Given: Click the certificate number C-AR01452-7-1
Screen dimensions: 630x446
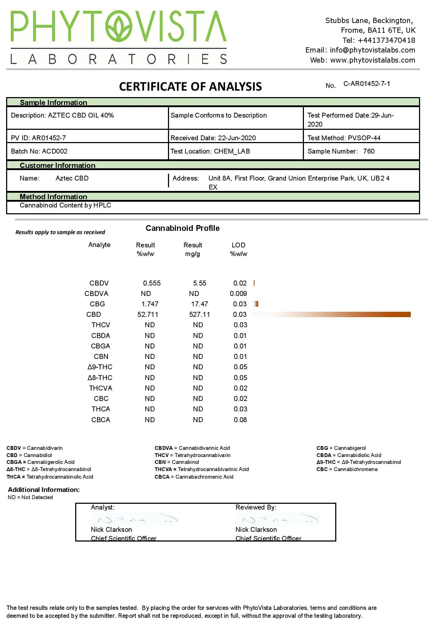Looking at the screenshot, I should click(x=367, y=84).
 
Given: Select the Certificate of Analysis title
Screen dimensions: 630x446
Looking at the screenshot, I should click(x=190, y=87).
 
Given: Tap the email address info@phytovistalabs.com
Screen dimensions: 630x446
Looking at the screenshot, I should click(x=372, y=50).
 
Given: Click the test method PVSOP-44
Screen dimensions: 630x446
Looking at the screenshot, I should click(x=364, y=138).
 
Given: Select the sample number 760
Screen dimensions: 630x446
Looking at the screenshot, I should click(x=369, y=151).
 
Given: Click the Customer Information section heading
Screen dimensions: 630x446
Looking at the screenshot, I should click(x=58, y=165).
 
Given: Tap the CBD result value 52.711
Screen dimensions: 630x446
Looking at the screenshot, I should click(x=147, y=315).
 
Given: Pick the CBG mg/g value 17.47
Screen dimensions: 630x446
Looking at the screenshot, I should click(x=199, y=304).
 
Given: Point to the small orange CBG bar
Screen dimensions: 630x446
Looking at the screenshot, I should click(x=256, y=304).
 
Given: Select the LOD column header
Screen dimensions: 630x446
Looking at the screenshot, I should click(x=238, y=245).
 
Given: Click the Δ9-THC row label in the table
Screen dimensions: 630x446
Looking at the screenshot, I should click(x=100, y=367).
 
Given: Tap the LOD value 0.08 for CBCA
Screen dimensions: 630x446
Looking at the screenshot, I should click(x=240, y=420).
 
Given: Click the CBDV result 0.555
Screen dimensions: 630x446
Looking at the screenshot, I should click(x=152, y=283).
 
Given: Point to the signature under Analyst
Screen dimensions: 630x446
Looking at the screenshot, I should click(x=135, y=519).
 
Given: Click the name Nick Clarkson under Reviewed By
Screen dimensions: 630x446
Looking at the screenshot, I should click(x=256, y=530).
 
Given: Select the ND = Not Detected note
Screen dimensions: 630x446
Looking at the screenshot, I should click(x=30, y=497).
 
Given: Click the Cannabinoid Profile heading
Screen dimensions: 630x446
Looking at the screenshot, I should click(x=182, y=228).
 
